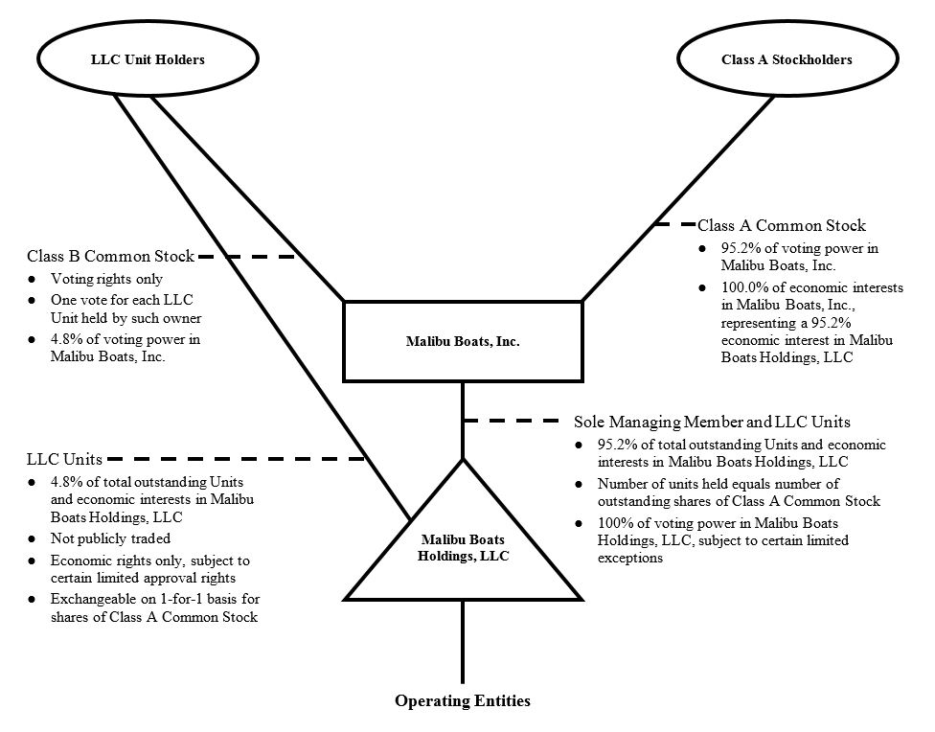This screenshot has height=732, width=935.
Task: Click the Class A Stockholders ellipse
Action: (786, 60)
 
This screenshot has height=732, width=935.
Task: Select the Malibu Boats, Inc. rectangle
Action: (462, 342)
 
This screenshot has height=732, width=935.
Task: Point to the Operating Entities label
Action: (462, 701)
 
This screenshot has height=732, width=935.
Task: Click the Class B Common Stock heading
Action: (110, 257)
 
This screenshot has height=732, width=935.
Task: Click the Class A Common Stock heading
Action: (781, 226)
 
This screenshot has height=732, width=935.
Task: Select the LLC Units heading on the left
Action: (64, 460)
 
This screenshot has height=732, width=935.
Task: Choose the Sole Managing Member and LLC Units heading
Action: (712, 422)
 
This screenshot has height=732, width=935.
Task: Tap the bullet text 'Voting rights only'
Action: (106, 280)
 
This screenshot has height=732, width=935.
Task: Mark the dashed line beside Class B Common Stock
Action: (247, 257)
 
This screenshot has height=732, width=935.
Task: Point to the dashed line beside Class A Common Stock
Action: (674, 226)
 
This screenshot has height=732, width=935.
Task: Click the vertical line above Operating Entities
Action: (463, 642)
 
